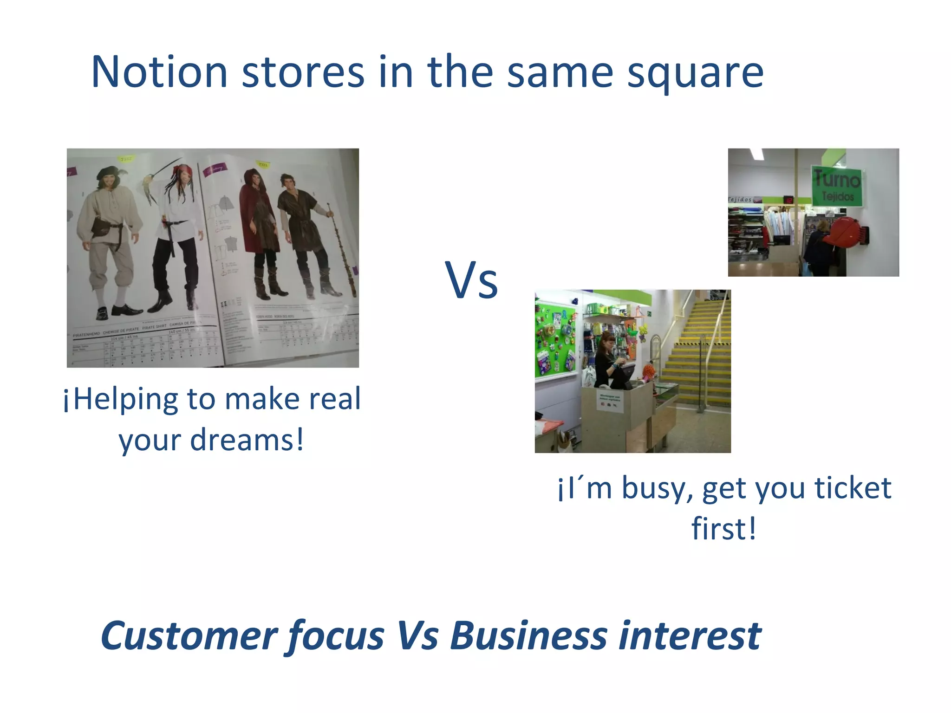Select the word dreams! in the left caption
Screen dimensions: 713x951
pyautogui.click(x=247, y=440)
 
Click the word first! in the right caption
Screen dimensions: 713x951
pyautogui.click(x=724, y=529)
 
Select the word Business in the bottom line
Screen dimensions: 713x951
pyautogui.click(x=529, y=636)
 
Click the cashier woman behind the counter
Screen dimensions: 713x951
pyautogui.click(x=606, y=360)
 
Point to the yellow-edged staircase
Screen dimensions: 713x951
pyautogui.click(x=697, y=353)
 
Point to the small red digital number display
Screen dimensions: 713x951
pyautogui.click(x=788, y=200)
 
